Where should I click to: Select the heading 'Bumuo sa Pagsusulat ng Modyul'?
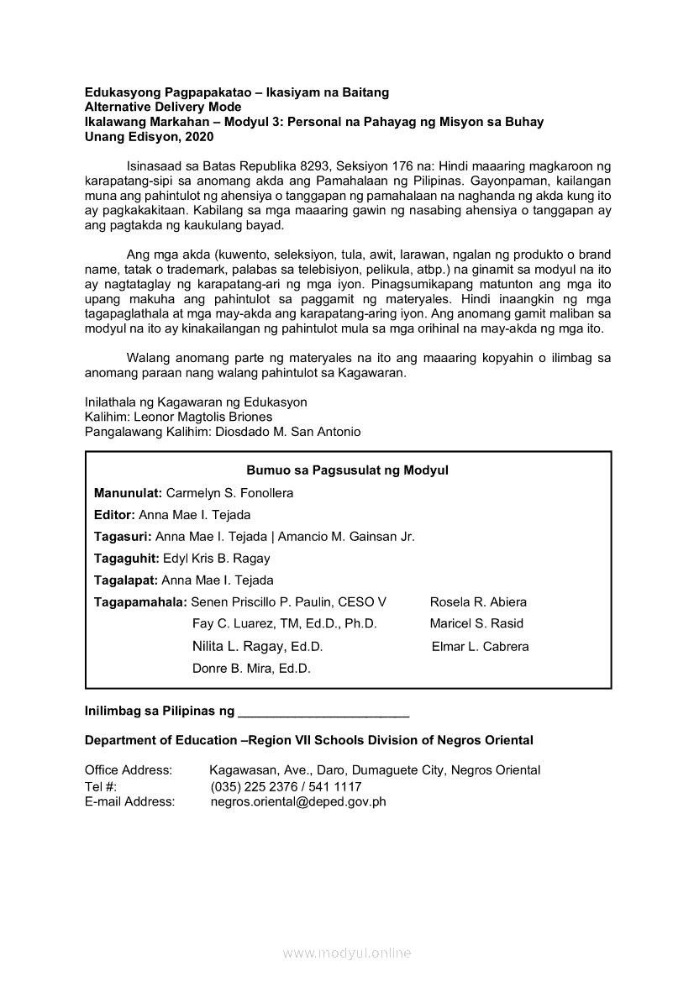pyautogui.click(x=348, y=470)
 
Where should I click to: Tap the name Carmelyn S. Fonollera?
pyautogui.click(x=229, y=493)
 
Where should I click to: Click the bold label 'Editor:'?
pyautogui.click(x=114, y=515)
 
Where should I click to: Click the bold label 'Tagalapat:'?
pyautogui.click(x=126, y=580)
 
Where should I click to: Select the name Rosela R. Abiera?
pyautogui.click(x=478, y=602)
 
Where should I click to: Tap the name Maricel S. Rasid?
pyautogui.click(x=476, y=624)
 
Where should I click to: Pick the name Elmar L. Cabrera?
pyautogui.click(x=481, y=647)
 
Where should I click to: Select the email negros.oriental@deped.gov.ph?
pyautogui.click(x=298, y=802)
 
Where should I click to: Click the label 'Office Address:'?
pyautogui.click(x=129, y=770)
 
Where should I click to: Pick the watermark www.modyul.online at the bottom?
pyautogui.click(x=347, y=953)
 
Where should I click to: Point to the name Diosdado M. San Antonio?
pyautogui.click(x=281, y=432)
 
